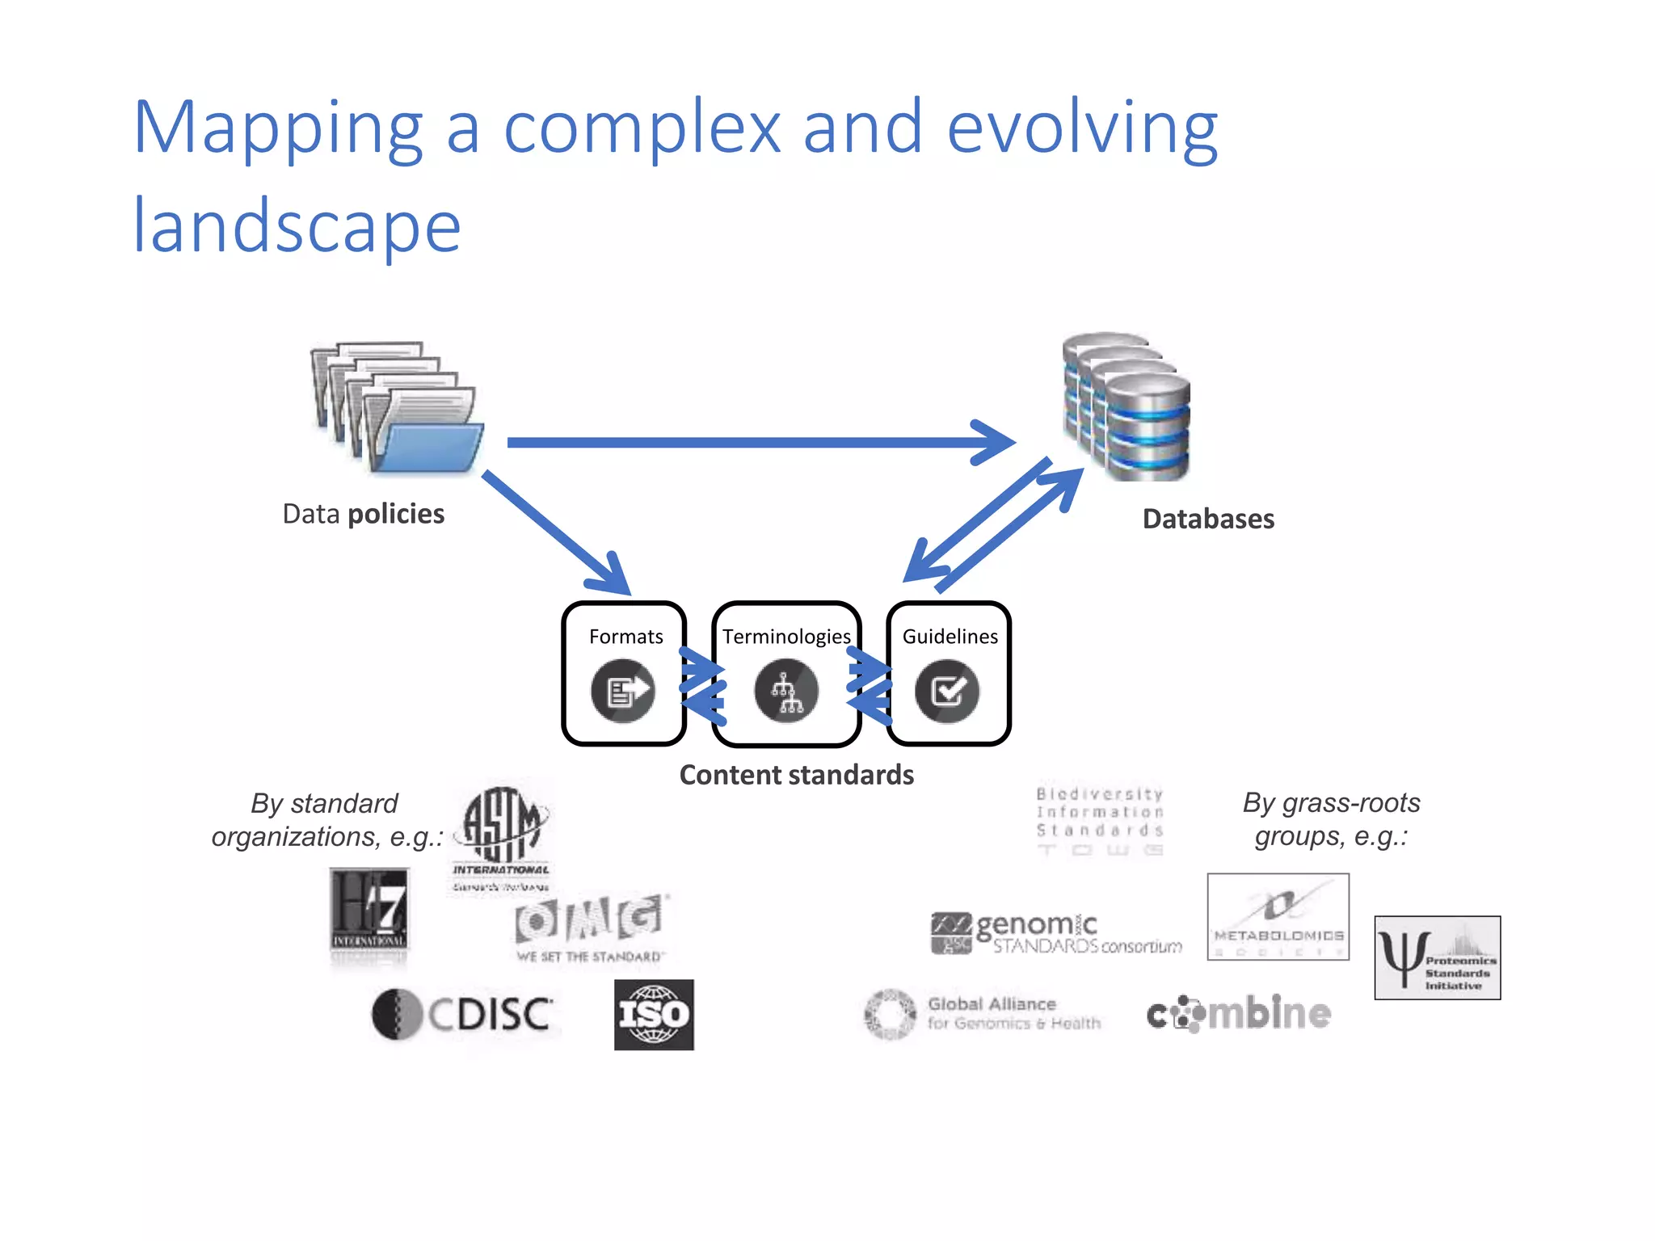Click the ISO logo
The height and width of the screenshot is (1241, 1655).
click(654, 1015)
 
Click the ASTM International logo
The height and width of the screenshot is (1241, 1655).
click(502, 837)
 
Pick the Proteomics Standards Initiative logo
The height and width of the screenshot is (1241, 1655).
click(1437, 958)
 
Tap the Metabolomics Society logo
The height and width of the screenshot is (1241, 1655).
click(1278, 916)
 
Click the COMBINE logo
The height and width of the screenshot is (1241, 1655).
click(1238, 1014)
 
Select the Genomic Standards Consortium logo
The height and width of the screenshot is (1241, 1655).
click(1055, 933)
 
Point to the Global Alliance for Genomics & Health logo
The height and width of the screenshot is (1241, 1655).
click(983, 1014)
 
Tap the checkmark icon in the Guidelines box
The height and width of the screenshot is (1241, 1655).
click(947, 692)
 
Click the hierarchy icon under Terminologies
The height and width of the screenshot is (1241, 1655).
click(786, 692)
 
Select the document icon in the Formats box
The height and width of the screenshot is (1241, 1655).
click(622, 692)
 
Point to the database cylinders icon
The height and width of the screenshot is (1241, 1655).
click(1126, 406)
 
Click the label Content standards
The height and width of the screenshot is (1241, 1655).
click(796, 775)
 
